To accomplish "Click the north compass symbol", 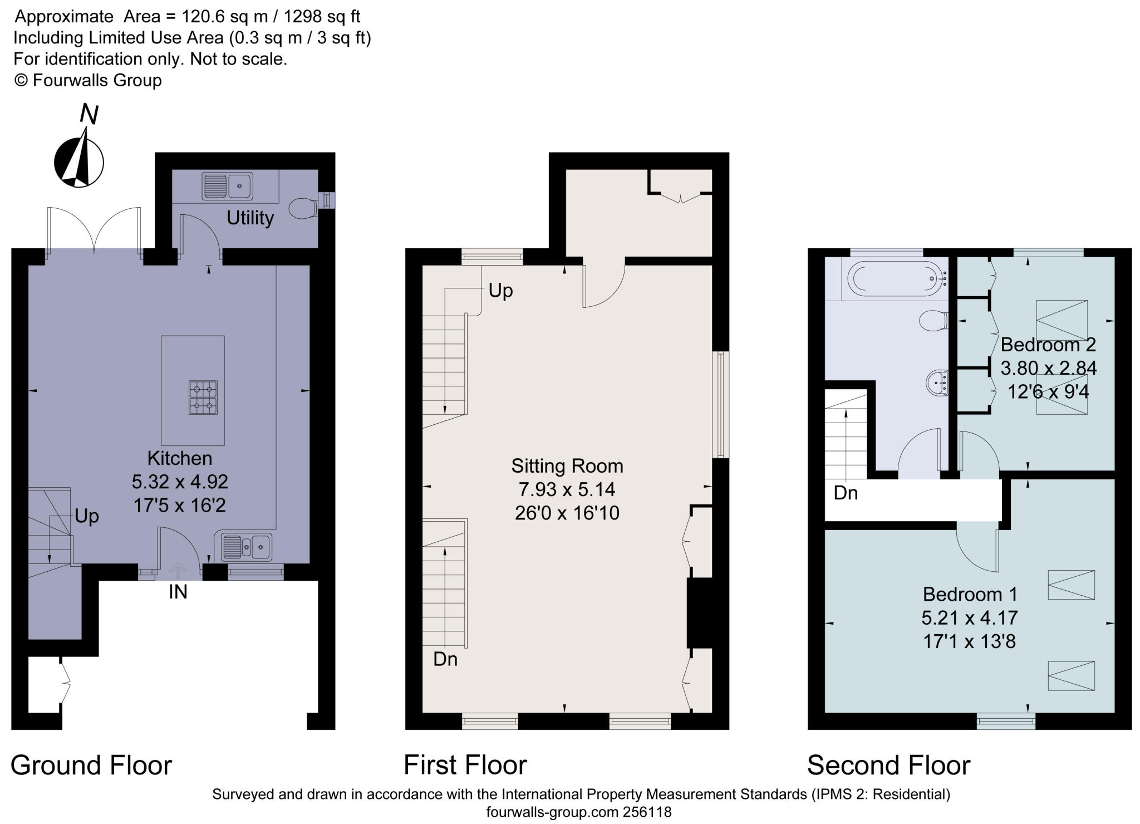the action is click(x=79, y=156).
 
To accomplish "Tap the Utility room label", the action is click(x=250, y=218).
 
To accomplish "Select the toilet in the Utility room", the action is click(x=304, y=208).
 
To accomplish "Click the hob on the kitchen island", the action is click(x=203, y=398).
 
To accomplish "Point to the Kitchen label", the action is click(x=180, y=458).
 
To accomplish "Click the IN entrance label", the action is click(x=178, y=592).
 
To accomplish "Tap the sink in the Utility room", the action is click(x=228, y=186).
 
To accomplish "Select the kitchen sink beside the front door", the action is click(x=246, y=547).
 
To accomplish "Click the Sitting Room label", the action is click(x=567, y=466).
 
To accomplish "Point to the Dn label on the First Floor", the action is click(x=445, y=659).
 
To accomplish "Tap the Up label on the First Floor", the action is click(x=500, y=291).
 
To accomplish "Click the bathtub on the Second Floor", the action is click(x=897, y=278).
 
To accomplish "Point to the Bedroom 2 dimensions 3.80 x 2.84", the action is click(x=1049, y=368).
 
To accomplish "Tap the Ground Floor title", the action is click(x=91, y=766).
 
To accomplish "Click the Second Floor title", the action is click(x=889, y=766).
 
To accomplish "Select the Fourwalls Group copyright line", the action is click(x=88, y=80).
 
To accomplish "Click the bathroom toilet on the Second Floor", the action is click(x=933, y=321).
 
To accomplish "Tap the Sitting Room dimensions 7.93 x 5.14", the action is click(x=567, y=489).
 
